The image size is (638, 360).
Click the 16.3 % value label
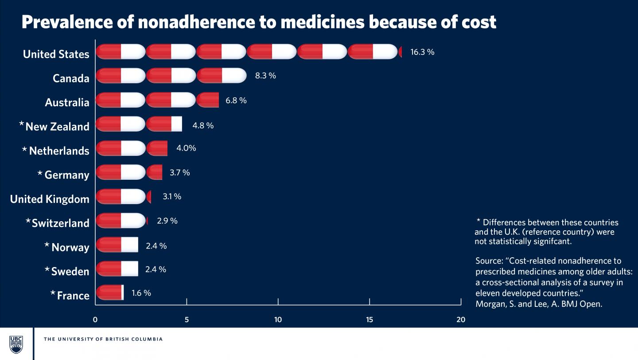(422, 52)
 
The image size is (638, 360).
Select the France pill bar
(109, 293)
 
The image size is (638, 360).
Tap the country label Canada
(71, 78)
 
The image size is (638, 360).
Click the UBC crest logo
(16, 344)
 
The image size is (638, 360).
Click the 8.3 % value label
(265, 76)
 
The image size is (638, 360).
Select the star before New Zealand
(22, 124)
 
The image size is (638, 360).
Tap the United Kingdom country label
(50, 199)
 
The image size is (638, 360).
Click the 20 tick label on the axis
(461, 320)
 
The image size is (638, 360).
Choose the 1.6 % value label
(141, 293)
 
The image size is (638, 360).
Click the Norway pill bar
(117, 244)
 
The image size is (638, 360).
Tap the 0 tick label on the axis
(95, 320)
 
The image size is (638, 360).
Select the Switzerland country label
(60, 223)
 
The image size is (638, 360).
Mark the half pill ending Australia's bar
(208, 100)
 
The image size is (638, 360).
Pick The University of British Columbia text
(103, 339)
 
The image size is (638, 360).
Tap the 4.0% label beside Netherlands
(186, 148)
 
